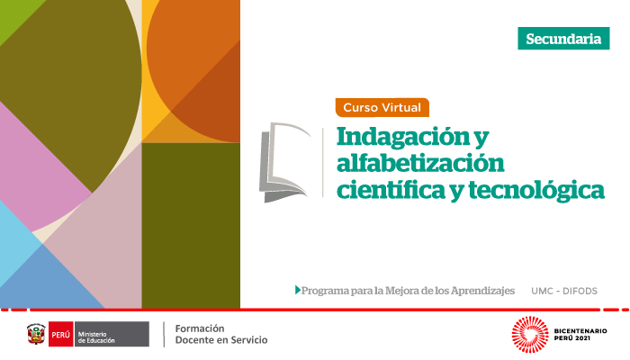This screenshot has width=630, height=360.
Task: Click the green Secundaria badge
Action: tap(563, 39)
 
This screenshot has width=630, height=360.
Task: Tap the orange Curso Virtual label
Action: tap(382, 107)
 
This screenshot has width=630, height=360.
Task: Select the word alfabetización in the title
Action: tap(420, 163)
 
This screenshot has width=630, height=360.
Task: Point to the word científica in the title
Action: tap(391, 189)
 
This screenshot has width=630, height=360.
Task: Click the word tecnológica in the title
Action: tap(536, 191)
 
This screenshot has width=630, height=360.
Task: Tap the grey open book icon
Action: tap(285, 162)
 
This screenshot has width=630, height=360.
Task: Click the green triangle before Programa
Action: tap(298, 290)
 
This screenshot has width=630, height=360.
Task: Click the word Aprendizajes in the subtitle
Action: tap(482, 291)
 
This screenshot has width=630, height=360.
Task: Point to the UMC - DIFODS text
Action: tap(564, 291)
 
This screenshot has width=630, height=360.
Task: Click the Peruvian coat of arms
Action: tap(36, 334)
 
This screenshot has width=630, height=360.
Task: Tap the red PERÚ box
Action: tap(60, 334)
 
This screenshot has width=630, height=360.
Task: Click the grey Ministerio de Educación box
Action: tap(112, 334)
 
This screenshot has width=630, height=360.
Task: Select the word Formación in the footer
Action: tap(200, 328)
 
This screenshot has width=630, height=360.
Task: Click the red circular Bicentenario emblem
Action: tap(530, 334)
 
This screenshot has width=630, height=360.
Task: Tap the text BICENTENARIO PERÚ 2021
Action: tap(580, 334)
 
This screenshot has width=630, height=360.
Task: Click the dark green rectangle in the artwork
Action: tap(191, 225)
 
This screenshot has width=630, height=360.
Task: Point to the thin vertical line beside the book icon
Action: tap(323, 163)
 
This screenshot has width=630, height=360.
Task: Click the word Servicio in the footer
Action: tap(251, 340)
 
